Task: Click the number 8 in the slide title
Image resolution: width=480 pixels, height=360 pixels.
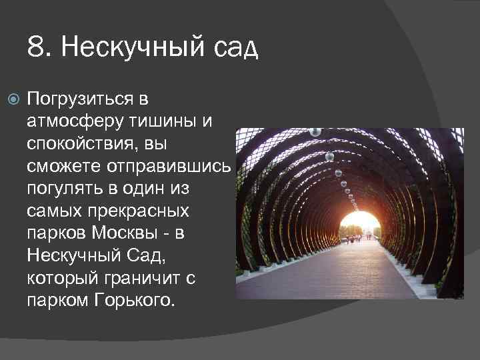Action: (35, 47)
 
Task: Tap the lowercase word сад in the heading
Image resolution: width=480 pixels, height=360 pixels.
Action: (237, 49)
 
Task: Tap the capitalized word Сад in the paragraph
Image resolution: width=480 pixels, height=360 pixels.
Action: (152, 255)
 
